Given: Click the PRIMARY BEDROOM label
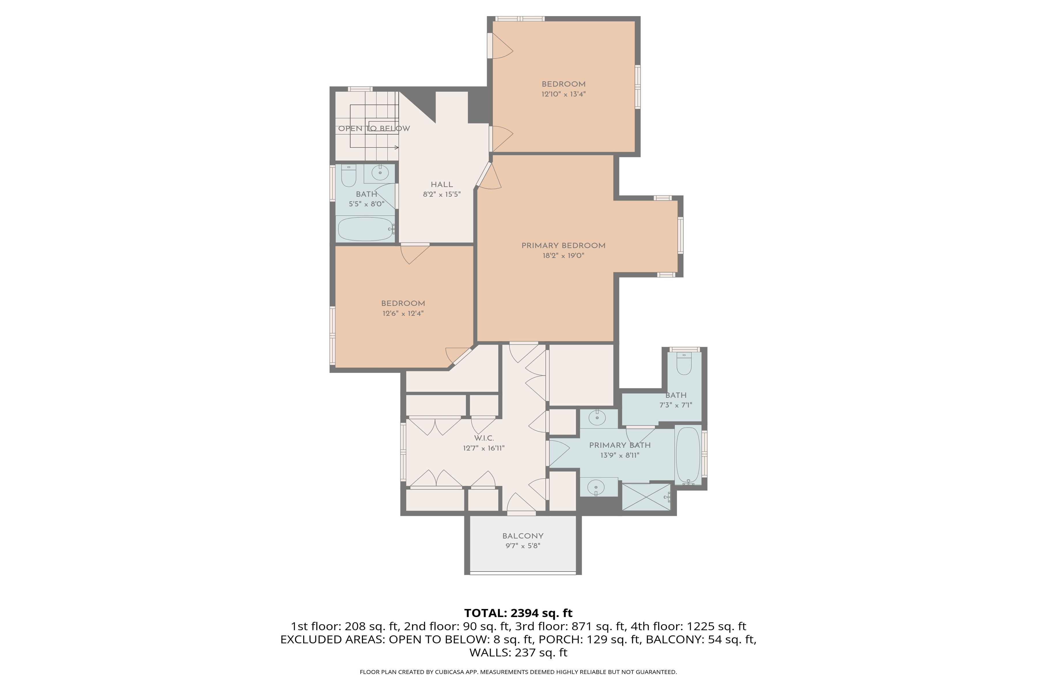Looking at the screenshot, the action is tap(563, 246).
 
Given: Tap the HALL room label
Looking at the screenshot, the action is tap(442, 185).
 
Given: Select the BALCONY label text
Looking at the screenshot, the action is tap(523, 536).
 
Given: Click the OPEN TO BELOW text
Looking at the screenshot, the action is tap(374, 129).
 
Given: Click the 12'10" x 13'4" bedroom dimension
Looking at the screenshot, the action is tap(563, 94).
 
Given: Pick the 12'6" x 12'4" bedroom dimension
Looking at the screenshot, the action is tap(403, 313).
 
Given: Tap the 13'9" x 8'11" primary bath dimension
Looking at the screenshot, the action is tap(620, 455).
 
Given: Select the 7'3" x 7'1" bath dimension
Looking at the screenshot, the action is tap(675, 405).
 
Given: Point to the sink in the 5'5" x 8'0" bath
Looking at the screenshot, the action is tap(380, 172).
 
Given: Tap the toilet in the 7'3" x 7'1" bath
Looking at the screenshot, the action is tap(684, 364).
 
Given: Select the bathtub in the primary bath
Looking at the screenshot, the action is tap(688, 455).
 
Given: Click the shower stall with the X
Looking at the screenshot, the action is tap(646, 497).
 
